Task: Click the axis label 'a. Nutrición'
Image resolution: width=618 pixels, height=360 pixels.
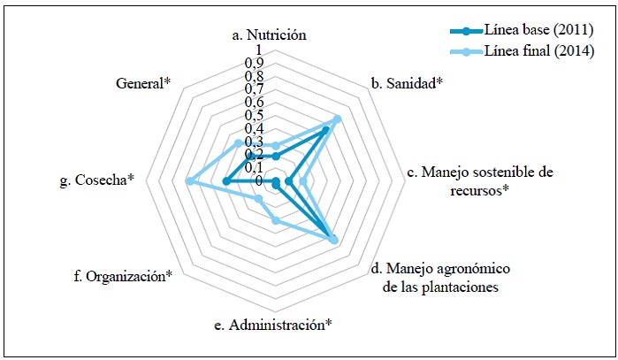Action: [x=269, y=34]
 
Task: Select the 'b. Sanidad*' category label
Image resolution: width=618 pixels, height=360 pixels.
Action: [x=408, y=83]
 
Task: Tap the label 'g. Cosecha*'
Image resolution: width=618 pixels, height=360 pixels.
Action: [x=97, y=180]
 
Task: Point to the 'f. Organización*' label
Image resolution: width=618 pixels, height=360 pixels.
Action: [x=123, y=276]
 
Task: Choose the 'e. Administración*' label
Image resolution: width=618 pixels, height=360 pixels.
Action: [x=272, y=325]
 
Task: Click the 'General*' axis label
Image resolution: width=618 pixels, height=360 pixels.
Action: [x=143, y=83]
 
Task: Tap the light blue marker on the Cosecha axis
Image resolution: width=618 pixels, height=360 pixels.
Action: [x=189, y=181]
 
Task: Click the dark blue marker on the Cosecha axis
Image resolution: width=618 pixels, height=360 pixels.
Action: [x=225, y=181]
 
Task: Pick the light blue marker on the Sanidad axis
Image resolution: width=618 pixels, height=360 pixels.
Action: [x=337, y=119]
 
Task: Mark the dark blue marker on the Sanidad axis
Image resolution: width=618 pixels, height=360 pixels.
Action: [x=325, y=131]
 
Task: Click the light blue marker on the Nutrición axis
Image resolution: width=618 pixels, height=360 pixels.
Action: [x=276, y=145]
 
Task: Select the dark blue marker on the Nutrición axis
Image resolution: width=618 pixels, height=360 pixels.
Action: [x=276, y=157]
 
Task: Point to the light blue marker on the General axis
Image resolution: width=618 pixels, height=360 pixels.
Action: [x=238, y=143]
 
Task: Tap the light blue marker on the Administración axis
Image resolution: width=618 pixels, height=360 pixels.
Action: [x=276, y=220]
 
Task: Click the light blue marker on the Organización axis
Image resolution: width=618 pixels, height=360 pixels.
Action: [x=258, y=199]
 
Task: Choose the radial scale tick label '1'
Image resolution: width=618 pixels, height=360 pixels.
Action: [x=258, y=50]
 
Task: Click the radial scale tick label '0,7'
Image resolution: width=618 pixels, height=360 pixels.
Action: [x=255, y=88]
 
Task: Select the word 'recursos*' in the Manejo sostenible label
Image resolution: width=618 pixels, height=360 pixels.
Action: [x=479, y=190]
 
